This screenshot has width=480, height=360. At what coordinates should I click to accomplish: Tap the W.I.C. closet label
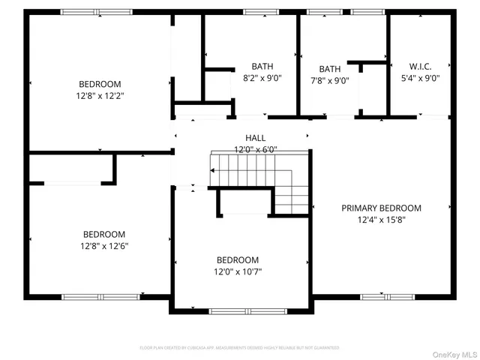click(x=420, y=66)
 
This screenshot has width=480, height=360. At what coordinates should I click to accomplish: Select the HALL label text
click(x=255, y=138)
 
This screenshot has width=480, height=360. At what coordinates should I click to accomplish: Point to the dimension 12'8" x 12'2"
click(x=100, y=96)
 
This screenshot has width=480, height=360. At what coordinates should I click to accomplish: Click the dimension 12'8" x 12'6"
click(x=103, y=246)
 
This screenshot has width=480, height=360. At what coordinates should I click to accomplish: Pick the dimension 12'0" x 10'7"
click(x=238, y=271)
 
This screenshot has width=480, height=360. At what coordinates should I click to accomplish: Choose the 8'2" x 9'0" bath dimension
click(x=262, y=77)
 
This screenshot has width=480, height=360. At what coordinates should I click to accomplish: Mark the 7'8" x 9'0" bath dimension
click(x=329, y=81)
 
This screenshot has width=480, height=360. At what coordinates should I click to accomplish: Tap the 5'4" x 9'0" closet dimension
click(x=420, y=77)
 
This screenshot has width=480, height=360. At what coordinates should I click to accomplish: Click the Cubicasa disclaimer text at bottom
click(x=240, y=348)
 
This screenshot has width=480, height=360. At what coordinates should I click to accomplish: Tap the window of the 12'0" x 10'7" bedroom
click(x=242, y=311)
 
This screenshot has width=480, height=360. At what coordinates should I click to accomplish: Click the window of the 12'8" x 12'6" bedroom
click(x=90, y=297)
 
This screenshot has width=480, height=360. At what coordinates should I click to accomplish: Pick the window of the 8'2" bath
click(x=260, y=12)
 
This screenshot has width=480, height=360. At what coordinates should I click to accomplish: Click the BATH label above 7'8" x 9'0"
click(x=329, y=69)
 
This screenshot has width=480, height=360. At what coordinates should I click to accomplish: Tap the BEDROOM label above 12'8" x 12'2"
click(x=100, y=84)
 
